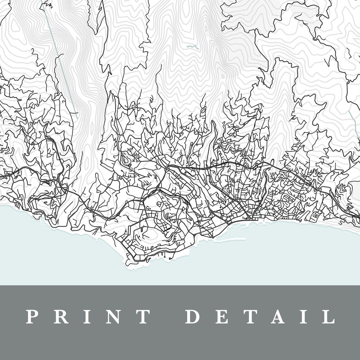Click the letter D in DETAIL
(193, 316)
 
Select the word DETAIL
(259, 316)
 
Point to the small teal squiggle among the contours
(192, 47)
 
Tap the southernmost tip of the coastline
(129, 264)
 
